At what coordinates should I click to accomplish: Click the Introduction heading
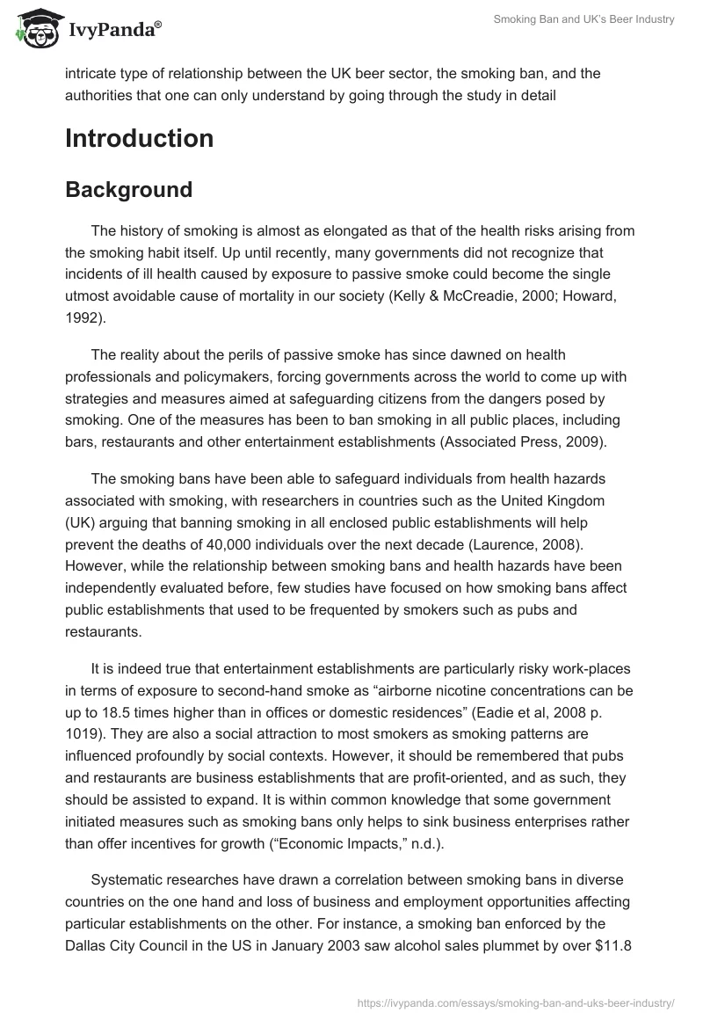coord(139,139)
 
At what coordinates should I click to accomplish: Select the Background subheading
coord(128,190)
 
